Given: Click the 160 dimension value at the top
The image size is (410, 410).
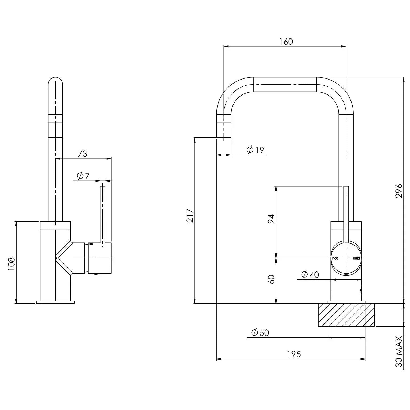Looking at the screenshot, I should point(286,42).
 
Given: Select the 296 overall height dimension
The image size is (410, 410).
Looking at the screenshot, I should point(399,190).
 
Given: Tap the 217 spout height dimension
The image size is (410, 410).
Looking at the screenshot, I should point(190,216).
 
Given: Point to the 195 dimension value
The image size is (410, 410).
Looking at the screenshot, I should point(294,354).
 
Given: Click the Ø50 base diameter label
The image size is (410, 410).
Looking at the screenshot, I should point(260,333).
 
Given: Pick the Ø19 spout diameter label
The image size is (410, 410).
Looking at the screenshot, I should point(255,150).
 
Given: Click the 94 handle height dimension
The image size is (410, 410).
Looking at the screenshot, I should point(271,219).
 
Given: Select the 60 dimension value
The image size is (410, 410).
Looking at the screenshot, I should point(271,279).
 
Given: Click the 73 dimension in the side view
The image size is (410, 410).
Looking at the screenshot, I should point(82,154).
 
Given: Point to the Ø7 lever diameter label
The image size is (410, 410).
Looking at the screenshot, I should point(83,176).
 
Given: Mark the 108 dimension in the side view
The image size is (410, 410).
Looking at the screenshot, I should point(11,264).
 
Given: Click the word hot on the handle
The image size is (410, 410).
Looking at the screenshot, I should point(335,258).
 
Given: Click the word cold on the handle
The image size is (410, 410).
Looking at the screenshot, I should point(356,258).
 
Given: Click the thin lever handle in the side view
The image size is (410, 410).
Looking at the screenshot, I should point(102,214).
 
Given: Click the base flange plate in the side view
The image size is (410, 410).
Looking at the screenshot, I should point(55,302).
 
